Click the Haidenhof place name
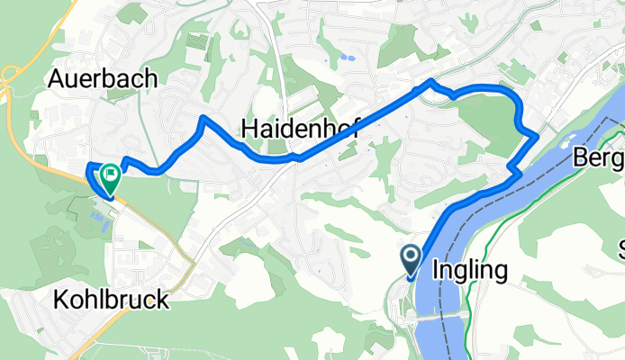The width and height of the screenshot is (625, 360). click(x=300, y=130)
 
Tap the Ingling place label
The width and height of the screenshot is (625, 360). click(x=470, y=269)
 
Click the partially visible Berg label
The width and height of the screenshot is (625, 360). click(x=598, y=159)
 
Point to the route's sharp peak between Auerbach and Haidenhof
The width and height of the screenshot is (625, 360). click(x=204, y=118)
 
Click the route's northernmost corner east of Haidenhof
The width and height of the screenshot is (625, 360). click(x=430, y=82)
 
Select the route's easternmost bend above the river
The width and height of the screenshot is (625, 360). click(x=537, y=136)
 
